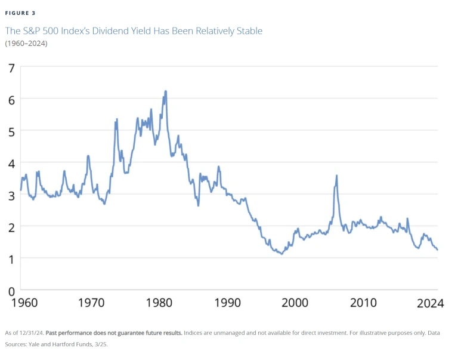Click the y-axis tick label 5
(11, 131)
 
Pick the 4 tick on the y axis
(11, 162)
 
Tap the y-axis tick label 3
(11, 195)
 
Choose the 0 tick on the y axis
(11, 291)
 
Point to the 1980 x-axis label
(160, 304)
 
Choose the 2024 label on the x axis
(430, 304)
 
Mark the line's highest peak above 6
(165, 91)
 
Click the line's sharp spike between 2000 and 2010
(337, 176)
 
